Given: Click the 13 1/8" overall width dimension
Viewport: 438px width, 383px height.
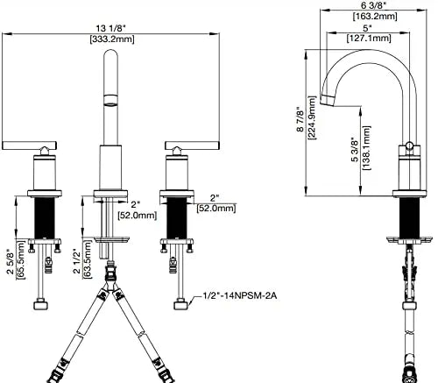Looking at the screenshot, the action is pyautogui.click(x=110, y=29).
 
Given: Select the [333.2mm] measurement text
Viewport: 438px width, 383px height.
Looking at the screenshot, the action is pyautogui.click(x=112, y=39).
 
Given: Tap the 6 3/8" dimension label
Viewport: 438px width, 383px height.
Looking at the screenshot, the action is pyautogui.click(x=373, y=5).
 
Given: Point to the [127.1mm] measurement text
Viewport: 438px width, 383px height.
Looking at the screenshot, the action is pyautogui.click(x=369, y=38).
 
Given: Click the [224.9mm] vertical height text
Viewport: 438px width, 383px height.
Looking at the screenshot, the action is pyautogui.click(x=312, y=117).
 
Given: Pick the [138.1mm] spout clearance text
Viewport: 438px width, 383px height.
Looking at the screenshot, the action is pyautogui.click(x=366, y=148).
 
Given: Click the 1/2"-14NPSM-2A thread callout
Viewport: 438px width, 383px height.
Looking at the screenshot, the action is pyautogui.click(x=240, y=296).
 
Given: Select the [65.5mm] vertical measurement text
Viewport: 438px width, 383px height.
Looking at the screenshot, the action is pyautogui.click(x=21, y=259).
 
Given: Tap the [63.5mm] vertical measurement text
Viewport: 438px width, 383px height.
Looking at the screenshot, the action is pyautogui.click(x=88, y=259).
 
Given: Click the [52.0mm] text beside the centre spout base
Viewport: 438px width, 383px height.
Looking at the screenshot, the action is pyautogui.click(x=138, y=216).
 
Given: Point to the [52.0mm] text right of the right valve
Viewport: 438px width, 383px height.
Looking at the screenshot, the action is pyautogui.click(x=216, y=209).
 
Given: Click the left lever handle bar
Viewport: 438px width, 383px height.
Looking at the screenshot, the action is pyautogui.click(x=29, y=145).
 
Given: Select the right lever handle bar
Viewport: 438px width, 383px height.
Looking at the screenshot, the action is pyautogui.click(x=192, y=145).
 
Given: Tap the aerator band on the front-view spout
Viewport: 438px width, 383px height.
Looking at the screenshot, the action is pyautogui.click(x=111, y=99).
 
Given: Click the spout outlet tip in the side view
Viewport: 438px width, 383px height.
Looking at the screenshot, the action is pyautogui.click(x=328, y=100).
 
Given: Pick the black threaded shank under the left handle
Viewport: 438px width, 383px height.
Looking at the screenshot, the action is pyautogui.click(x=45, y=218).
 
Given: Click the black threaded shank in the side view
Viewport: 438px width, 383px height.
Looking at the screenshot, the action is pyautogui.click(x=409, y=216).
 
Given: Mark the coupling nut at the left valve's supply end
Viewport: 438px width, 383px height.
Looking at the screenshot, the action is pyautogui.click(x=40, y=304).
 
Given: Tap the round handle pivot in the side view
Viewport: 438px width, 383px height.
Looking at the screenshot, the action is pyautogui.click(x=409, y=146).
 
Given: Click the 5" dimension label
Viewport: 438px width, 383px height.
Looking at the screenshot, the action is pyautogui.click(x=367, y=29).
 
